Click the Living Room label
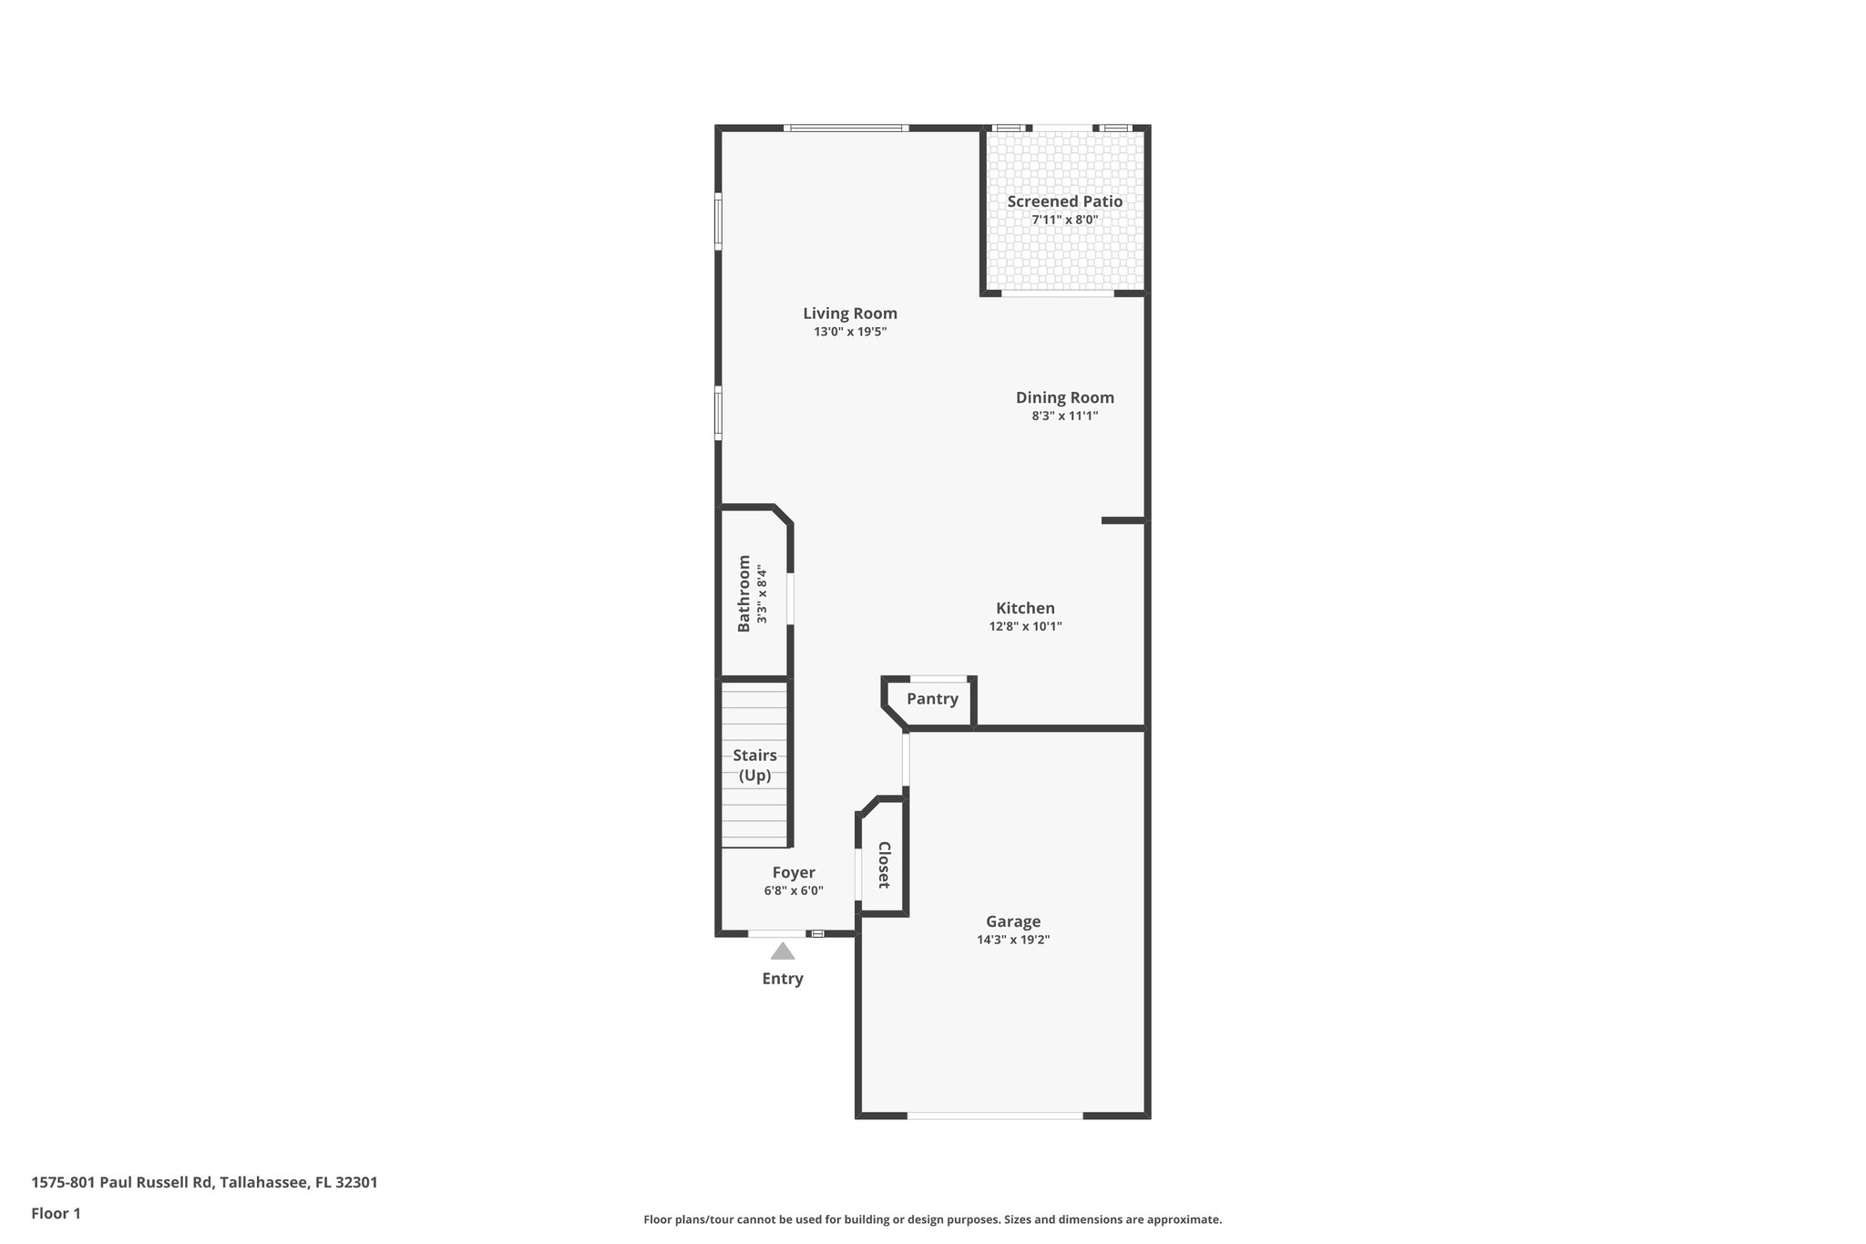tap(849, 314)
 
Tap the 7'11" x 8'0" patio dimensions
tap(1064, 220)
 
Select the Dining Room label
tap(1064, 397)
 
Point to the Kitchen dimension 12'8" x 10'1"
tap(1025, 626)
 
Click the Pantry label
tap(932, 699)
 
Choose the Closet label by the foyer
tap(883, 865)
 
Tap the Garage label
tap(1012, 921)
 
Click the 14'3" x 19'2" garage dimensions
tap(1012, 940)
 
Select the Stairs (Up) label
tap(754, 766)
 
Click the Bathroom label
tap(744, 593)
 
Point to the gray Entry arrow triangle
tap(783, 951)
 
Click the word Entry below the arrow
tap(783, 979)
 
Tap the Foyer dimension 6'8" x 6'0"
tap(794, 890)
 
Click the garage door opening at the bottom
tap(995, 1115)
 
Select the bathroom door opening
tap(790, 598)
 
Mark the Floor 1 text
tap(56, 1213)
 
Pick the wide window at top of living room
tap(846, 128)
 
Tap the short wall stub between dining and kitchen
tap(1122, 520)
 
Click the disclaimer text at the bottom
tap(932, 1219)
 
